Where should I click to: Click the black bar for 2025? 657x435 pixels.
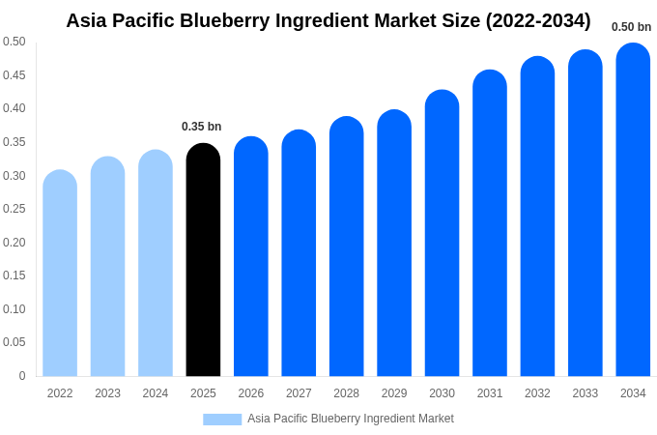coord(203,261)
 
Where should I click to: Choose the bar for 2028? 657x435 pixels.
coord(346,247)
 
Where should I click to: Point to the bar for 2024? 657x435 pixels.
coord(156,264)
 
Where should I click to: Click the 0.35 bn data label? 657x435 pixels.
coord(201,127)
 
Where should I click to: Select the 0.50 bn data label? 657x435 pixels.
coord(631,27)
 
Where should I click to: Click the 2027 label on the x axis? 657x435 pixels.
coord(299,393)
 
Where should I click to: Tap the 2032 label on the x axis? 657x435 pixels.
coord(537,393)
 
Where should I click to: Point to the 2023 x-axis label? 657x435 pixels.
coord(107,393)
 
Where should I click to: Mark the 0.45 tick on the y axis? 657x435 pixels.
coord(14,75)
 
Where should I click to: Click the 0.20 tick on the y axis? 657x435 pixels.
coord(14,243)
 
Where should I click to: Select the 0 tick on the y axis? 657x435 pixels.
coord(22,376)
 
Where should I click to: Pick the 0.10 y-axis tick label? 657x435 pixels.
coord(14,309)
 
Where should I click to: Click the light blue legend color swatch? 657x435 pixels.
coord(222,420)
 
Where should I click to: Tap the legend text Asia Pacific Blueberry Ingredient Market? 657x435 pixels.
coord(350,419)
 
